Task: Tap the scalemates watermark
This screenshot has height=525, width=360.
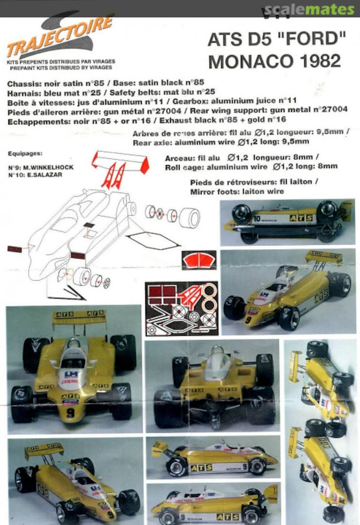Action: coord(309,9)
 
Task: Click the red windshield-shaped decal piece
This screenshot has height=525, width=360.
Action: coord(199,261)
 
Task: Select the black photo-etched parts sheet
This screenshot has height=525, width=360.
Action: coord(182,309)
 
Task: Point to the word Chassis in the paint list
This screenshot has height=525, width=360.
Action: coord(21,84)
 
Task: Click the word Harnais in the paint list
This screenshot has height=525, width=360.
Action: coord(21,92)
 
